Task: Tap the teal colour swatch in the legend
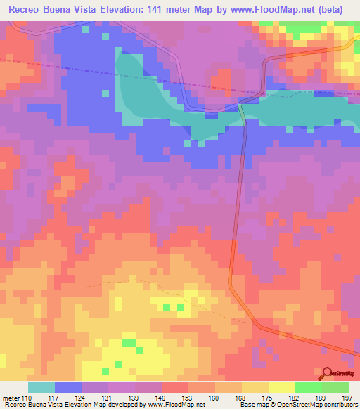coord(41,387)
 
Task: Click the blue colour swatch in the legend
coord(68,387)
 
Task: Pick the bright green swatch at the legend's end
coord(335,387)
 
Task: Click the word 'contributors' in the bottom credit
coord(337,405)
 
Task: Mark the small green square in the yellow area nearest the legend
coord(129,343)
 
